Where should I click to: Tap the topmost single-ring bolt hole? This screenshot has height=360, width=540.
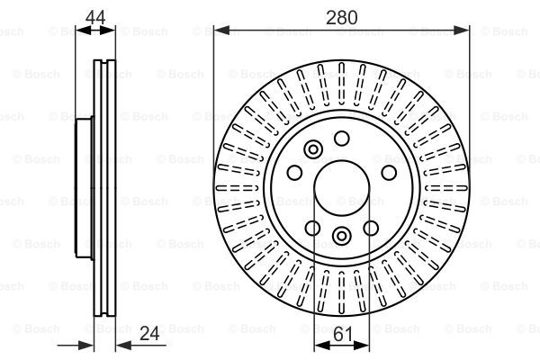click(342, 138)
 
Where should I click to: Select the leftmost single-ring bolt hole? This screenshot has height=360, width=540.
click(293, 174)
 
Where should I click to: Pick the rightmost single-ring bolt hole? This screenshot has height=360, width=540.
click(389, 174)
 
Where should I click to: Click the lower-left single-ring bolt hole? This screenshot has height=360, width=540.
click(312, 229)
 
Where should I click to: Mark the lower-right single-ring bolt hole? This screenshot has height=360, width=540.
click(372, 229)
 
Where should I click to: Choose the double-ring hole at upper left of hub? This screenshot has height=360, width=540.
click(313, 149)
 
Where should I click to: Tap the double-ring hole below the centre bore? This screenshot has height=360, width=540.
click(342, 236)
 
